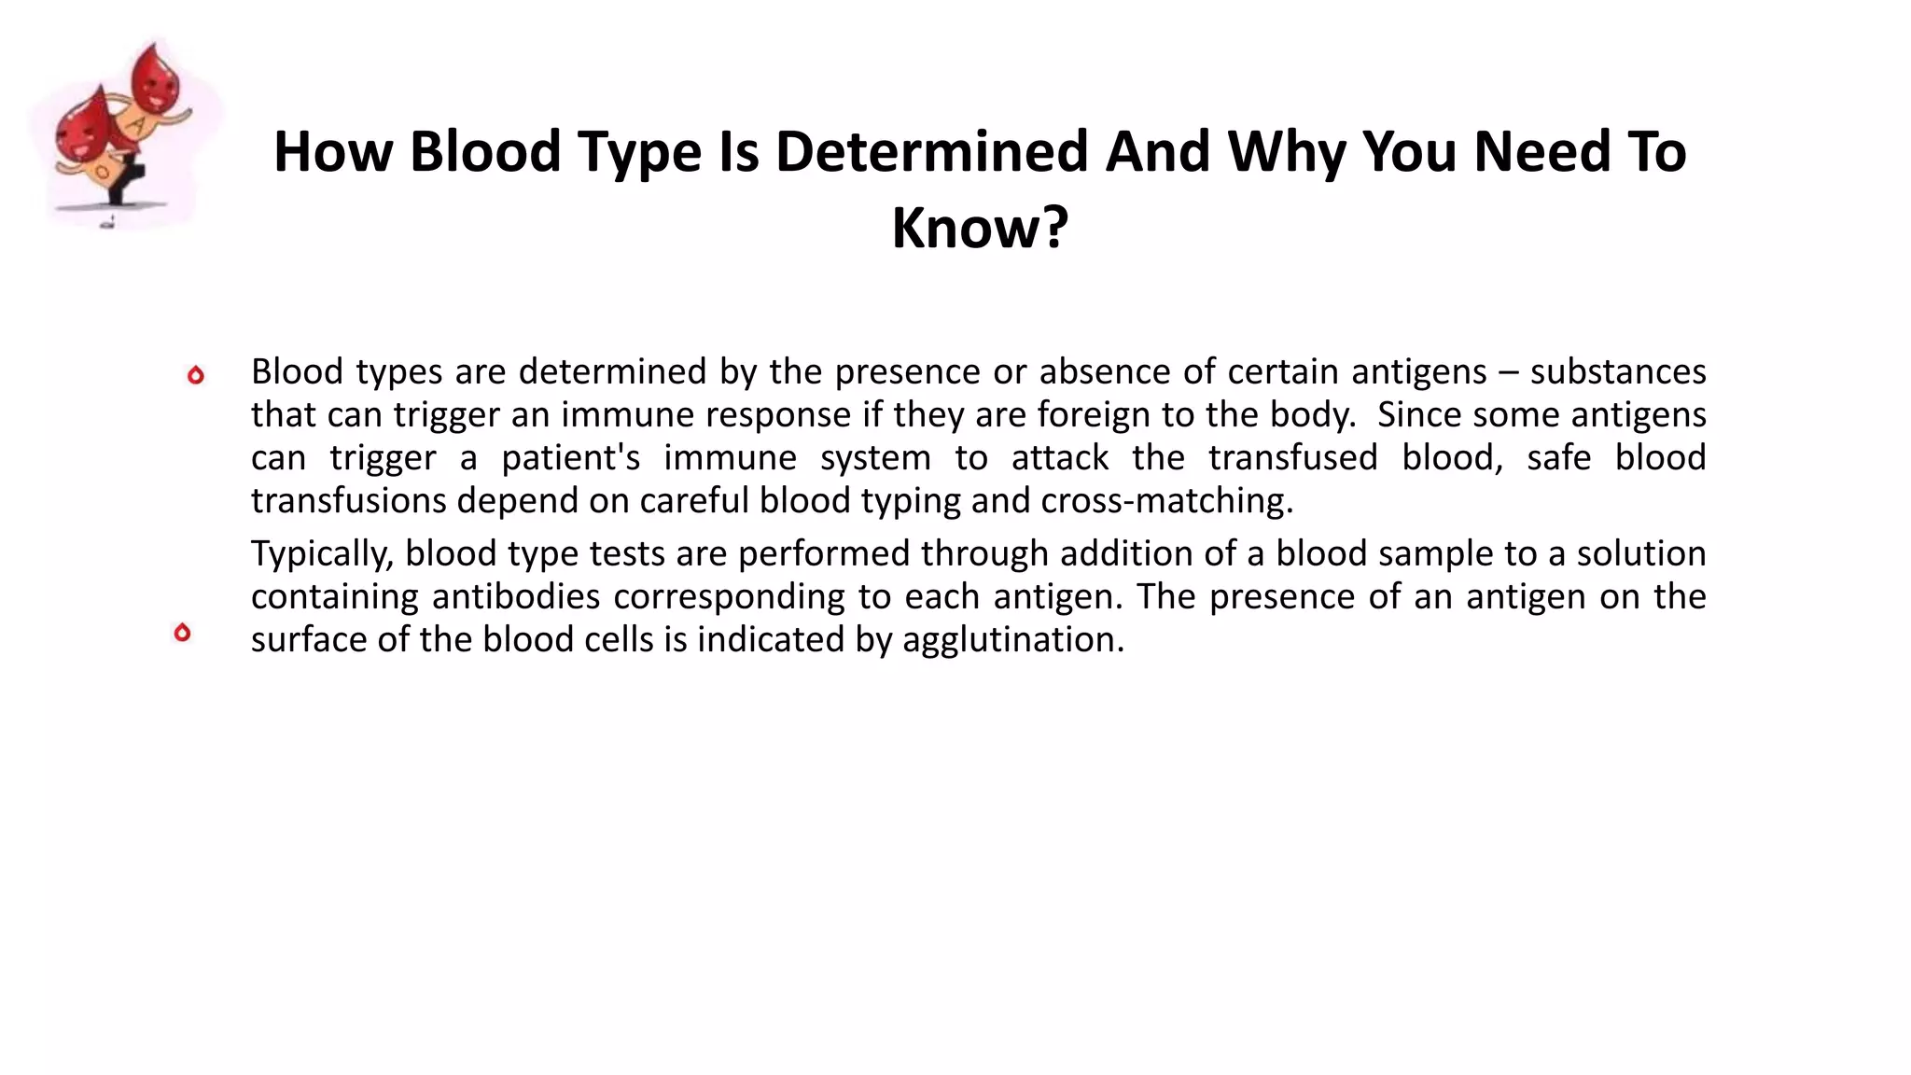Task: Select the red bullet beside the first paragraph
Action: pos(195,375)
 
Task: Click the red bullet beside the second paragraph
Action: pos(182,633)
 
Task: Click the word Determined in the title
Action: pos(931,151)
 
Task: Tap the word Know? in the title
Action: pos(980,227)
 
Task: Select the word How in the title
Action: pos(333,151)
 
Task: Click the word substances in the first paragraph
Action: pos(1617,371)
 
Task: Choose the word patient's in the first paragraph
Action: pos(570,457)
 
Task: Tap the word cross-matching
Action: pos(1166,500)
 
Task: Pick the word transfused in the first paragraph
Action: pos(1292,457)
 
